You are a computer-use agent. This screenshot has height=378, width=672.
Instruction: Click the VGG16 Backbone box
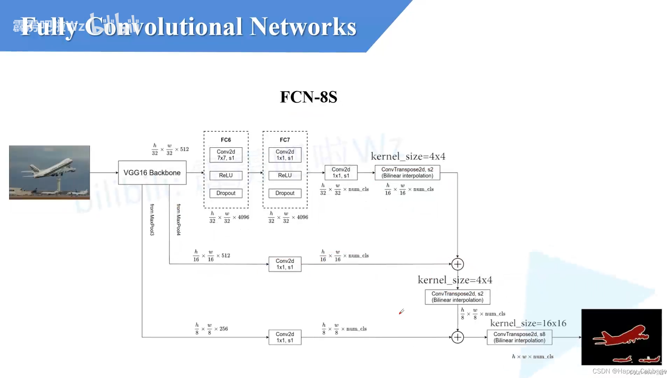click(152, 173)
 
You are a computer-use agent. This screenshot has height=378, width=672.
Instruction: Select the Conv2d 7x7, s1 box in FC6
click(226, 155)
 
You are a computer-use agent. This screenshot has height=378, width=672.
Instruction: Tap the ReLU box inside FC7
click(285, 175)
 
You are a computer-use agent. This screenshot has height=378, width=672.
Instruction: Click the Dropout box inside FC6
click(226, 193)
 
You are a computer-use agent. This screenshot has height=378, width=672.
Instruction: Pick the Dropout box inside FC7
click(285, 193)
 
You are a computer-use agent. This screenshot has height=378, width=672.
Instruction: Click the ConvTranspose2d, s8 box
click(519, 337)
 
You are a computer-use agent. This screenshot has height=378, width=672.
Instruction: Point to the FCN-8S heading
click(308, 97)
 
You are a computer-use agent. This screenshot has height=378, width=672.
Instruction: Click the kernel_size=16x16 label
click(528, 323)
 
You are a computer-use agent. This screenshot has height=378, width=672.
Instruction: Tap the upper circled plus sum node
click(457, 264)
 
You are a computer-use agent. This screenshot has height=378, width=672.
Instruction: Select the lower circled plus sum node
click(457, 337)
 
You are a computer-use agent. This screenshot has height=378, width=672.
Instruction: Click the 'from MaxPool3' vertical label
click(152, 219)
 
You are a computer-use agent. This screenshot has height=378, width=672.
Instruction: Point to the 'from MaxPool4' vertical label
click(178, 219)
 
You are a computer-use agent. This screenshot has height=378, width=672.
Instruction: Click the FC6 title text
click(226, 140)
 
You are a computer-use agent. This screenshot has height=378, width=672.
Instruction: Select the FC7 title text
click(285, 140)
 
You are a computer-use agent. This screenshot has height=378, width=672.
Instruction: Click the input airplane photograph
click(49, 173)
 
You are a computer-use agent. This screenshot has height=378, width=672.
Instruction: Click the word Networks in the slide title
click(303, 27)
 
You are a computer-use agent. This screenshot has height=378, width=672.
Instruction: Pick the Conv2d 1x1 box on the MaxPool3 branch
click(285, 337)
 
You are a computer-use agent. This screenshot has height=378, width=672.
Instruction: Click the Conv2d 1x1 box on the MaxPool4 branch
click(285, 264)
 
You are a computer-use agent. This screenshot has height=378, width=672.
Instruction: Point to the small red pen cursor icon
click(401, 311)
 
